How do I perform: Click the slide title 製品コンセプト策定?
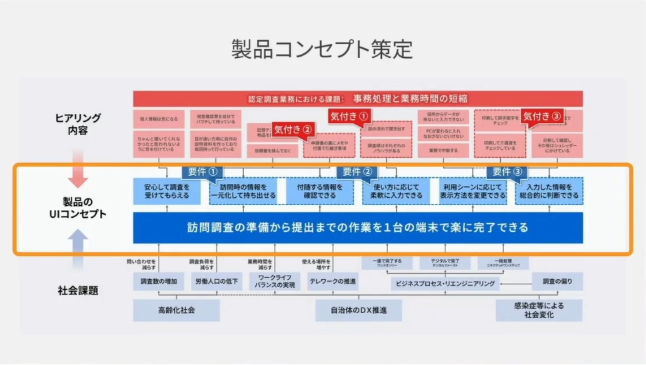point(323,49)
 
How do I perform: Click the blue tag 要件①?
point(203,172)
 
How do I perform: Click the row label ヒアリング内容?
point(79,124)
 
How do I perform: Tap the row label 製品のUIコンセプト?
point(79,208)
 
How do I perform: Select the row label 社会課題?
point(79,290)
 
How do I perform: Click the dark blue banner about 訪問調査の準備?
point(357,228)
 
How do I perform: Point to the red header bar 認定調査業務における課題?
point(358,99)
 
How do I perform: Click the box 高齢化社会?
point(177,310)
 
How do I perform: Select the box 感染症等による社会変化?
point(539,310)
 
